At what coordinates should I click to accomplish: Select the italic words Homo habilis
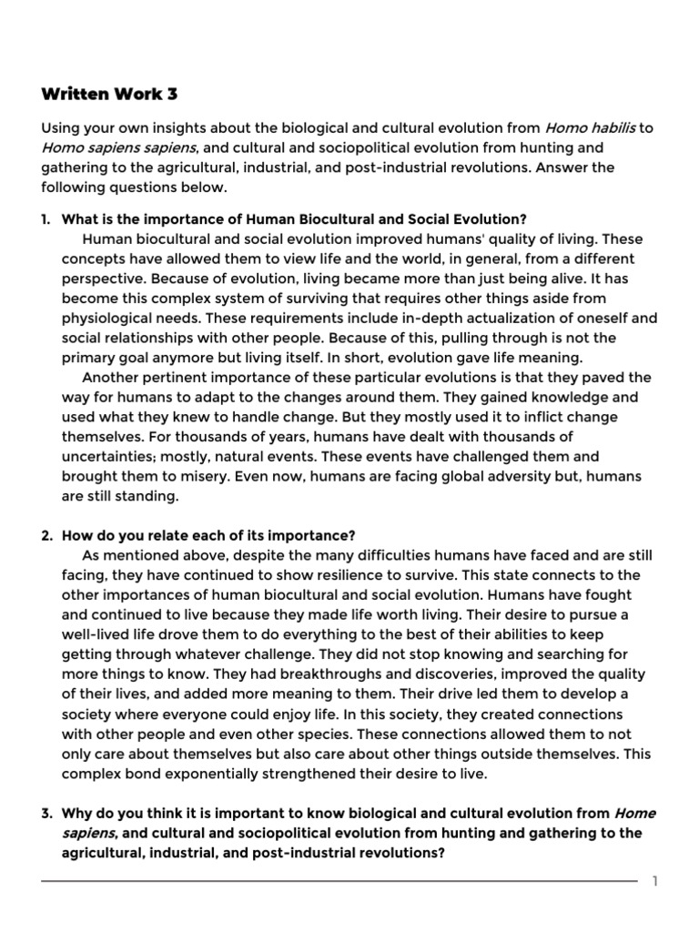pos(590,127)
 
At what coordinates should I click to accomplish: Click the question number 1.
pos(46,219)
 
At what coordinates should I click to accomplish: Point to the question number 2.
pos(46,535)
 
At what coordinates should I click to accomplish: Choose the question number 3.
pos(46,813)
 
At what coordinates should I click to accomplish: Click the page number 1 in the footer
pos(653,881)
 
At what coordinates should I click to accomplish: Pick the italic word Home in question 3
pos(635,813)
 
